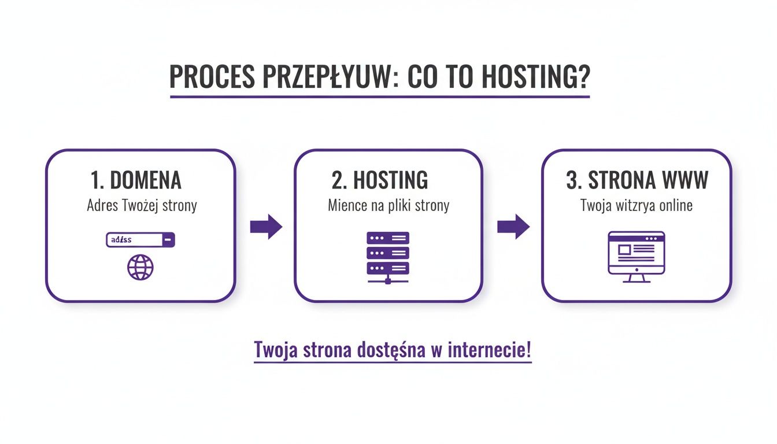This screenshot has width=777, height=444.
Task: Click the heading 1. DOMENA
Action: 136,180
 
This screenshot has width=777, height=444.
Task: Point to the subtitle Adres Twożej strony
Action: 142,205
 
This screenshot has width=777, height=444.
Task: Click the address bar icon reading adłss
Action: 140,240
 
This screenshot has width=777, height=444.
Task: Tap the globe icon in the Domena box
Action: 140,268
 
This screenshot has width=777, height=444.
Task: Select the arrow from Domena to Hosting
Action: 266,227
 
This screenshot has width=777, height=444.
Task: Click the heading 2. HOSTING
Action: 380,180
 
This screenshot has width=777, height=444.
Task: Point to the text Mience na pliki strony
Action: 388,205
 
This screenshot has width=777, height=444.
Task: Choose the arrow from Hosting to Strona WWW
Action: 513,227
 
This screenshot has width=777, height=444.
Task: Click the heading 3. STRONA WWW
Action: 637,180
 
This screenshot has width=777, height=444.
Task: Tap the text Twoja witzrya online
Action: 637,205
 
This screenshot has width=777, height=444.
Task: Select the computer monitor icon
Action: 637,257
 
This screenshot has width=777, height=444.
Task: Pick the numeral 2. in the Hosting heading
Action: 339,180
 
